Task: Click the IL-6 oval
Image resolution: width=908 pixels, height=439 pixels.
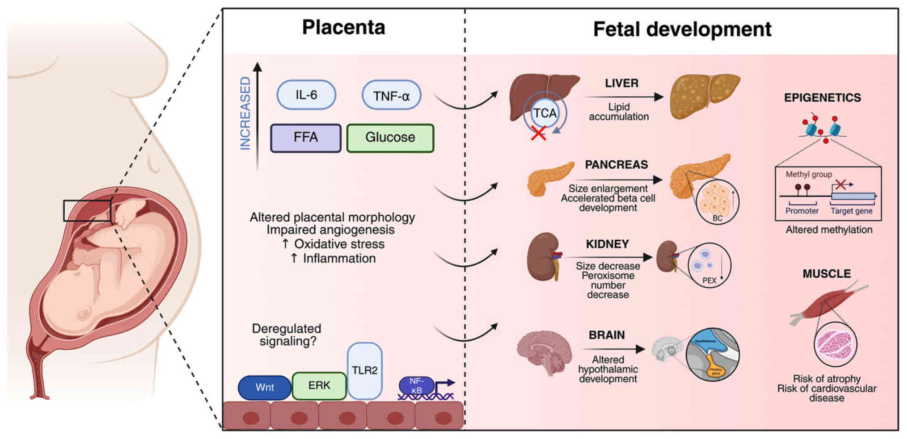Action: tap(306, 95)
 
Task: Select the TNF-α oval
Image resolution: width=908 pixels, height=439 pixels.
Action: tap(391, 96)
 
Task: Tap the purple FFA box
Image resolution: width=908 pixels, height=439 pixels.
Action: tap(306, 138)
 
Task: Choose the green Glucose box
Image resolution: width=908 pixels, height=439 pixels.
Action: tap(390, 138)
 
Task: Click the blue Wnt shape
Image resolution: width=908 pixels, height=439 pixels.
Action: tap(265, 387)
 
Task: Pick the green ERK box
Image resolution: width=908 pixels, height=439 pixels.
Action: tap(319, 385)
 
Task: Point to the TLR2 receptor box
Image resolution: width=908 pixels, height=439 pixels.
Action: tap(364, 370)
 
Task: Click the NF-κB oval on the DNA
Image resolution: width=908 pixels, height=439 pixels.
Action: tap(416, 385)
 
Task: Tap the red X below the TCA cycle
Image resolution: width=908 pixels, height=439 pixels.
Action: tap(538, 133)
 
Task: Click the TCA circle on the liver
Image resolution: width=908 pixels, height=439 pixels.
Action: tap(545, 113)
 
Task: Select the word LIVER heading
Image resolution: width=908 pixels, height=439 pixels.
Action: tap(621, 83)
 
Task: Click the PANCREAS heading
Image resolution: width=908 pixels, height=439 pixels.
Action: tap(616, 165)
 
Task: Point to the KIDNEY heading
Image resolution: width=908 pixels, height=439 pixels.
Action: tap(607, 244)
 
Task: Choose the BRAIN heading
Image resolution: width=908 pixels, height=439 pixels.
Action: tap(607, 335)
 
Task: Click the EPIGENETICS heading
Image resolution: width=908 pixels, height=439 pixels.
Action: tap(822, 98)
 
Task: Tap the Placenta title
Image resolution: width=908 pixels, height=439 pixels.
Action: tap(343, 27)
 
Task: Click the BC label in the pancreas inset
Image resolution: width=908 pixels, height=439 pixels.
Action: tap(717, 218)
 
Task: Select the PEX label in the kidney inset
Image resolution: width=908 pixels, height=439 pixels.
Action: tap(709, 280)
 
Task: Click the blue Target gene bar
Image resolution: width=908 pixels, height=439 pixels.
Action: tap(853, 196)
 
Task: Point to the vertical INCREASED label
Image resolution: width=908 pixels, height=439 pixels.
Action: tap(245, 113)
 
